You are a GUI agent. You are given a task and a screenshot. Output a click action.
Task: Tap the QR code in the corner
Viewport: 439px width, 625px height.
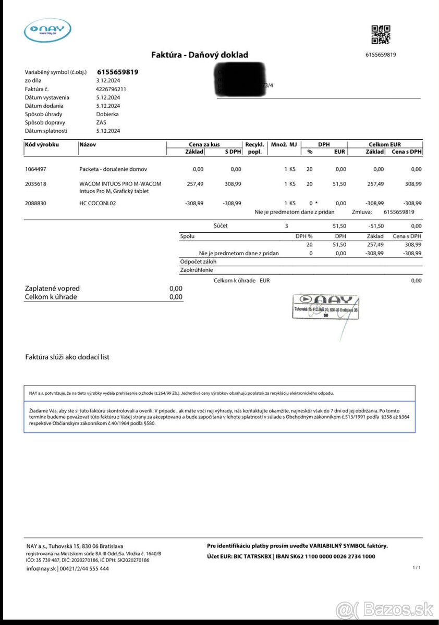pyautogui.click(x=381, y=35)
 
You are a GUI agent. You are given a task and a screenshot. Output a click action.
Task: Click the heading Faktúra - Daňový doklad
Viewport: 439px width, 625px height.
pyautogui.click(x=200, y=55)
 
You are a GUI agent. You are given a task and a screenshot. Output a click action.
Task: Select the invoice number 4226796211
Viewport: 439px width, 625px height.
pyautogui.click(x=111, y=89)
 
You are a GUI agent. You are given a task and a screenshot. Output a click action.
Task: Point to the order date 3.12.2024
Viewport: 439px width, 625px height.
pyautogui.click(x=108, y=81)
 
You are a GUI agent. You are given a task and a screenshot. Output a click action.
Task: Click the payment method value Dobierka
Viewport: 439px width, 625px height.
pyautogui.click(x=107, y=114)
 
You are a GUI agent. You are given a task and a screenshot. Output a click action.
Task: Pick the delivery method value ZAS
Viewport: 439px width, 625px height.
pyautogui.click(x=101, y=122)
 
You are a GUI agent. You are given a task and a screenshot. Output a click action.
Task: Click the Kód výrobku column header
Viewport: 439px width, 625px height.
pyautogui.click(x=42, y=144)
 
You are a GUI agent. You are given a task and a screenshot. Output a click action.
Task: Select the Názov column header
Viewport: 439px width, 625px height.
pyautogui.click(x=88, y=144)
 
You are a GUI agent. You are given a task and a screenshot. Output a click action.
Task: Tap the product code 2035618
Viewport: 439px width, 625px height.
pyautogui.click(x=35, y=184)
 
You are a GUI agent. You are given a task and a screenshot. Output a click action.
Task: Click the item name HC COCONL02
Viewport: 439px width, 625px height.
pyautogui.click(x=97, y=203)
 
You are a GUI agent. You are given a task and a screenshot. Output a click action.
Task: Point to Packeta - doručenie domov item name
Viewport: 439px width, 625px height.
pyautogui.click(x=113, y=169)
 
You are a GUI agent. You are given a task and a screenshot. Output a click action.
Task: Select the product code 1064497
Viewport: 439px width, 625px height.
pyautogui.click(x=35, y=169)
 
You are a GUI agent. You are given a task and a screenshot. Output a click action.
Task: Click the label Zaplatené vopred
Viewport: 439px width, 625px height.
pyautogui.click(x=52, y=289)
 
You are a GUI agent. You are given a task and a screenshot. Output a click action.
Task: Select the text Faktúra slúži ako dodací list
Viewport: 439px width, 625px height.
pyautogui.click(x=67, y=357)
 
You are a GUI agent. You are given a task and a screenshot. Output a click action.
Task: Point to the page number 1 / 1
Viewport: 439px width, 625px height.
pyautogui.click(x=416, y=567)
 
